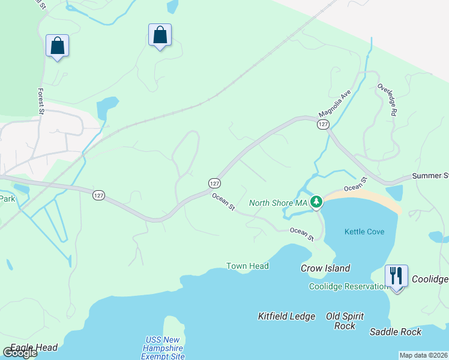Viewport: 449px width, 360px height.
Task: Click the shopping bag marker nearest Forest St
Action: [57, 46]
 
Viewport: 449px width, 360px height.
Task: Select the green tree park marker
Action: [316, 202]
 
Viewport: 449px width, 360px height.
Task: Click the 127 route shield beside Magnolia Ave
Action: [323, 124]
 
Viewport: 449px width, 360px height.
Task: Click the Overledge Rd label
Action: [387, 100]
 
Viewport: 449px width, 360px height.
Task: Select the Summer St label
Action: [430, 176]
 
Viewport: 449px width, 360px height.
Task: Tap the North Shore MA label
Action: [278, 203]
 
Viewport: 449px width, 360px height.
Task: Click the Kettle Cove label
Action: [364, 232]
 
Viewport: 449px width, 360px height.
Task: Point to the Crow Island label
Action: [325, 268]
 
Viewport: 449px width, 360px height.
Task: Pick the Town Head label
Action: [247, 266]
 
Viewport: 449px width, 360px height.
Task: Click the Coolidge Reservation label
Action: [348, 286]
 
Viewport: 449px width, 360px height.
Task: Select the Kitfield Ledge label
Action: [286, 316]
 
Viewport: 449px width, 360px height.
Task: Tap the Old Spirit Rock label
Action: [345, 321]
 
